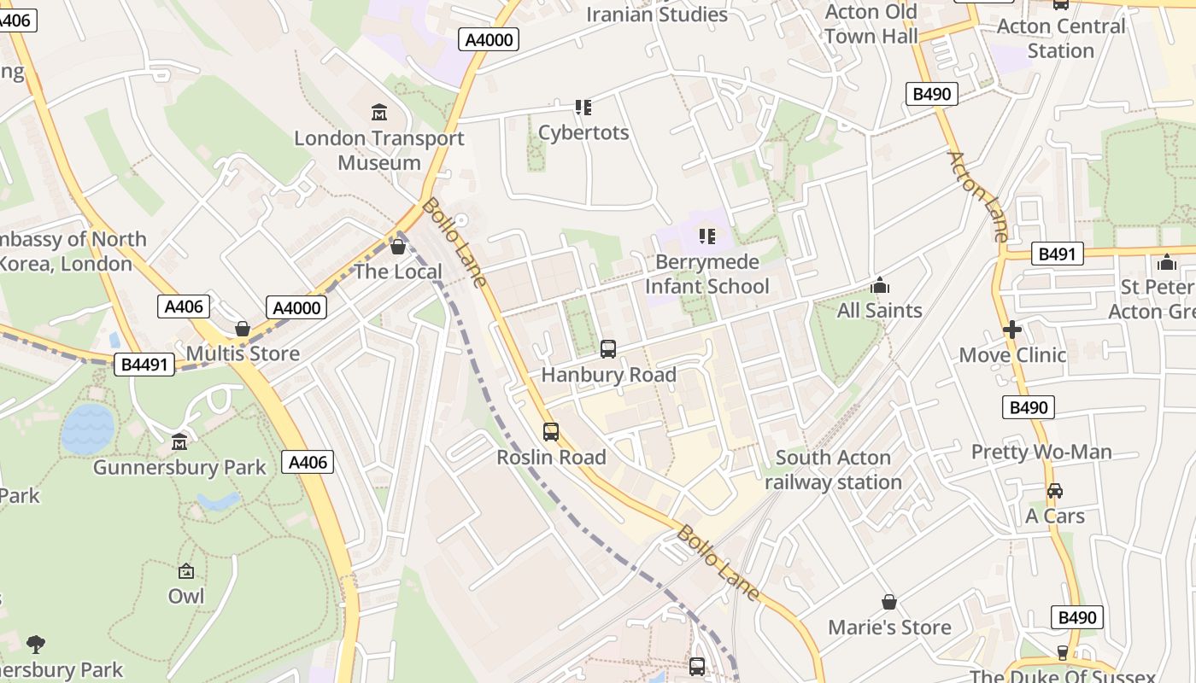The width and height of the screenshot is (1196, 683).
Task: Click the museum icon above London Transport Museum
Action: (x=378, y=112)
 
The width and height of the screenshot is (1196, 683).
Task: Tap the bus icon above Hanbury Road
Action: (x=608, y=348)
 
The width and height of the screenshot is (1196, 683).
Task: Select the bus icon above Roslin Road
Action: (x=551, y=432)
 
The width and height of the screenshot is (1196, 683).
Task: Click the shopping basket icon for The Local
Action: (x=397, y=247)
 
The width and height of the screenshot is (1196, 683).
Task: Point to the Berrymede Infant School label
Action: (x=706, y=274)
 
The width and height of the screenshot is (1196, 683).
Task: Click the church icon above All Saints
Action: (x=880, y=285)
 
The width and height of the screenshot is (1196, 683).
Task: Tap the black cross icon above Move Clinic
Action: (x=1012, y=330)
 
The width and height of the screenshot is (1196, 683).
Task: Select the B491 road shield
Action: (x=1057, y=254)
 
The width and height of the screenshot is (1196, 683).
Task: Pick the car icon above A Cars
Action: (x=1055, y=491)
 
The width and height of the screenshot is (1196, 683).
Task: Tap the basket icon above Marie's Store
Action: (x=889, y=602)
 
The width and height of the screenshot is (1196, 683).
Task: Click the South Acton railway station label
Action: (x=833, y=470)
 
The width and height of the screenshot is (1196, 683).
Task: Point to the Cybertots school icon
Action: (x=583, y=108)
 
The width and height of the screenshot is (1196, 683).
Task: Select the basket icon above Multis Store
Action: (x=243, y=329)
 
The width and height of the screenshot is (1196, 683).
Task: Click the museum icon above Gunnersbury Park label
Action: (x=179, y=442)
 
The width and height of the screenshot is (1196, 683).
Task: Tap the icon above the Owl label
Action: (x=186, y=571)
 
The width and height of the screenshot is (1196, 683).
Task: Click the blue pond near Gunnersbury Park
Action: (x=88, y=429)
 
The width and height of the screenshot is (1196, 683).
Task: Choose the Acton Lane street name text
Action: (x=979, y=196)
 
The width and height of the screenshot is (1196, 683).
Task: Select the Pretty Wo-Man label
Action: (x=1041, y=452)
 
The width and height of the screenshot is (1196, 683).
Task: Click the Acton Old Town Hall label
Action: (x=871, y=24)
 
